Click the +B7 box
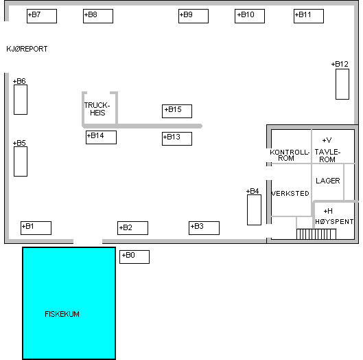point(42,16)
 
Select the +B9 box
point(194,16)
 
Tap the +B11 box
point(309,16)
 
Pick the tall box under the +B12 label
point(342,84)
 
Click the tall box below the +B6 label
point(21,100)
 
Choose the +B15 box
point(177,111)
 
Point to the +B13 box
point(177,139)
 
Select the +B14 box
point(101,137)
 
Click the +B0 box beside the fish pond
point(134,257)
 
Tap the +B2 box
point(132,228)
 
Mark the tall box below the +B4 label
point(254,210)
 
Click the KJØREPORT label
point(27,49)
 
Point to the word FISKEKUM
point(62,314)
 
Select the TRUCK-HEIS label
point(97,109)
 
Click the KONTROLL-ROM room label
point(290,155)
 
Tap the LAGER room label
point(328,181)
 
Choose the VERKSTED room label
point(290,193)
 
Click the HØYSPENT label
point(334,222)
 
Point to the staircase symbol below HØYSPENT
point(316,234)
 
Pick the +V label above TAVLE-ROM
point(327,140)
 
